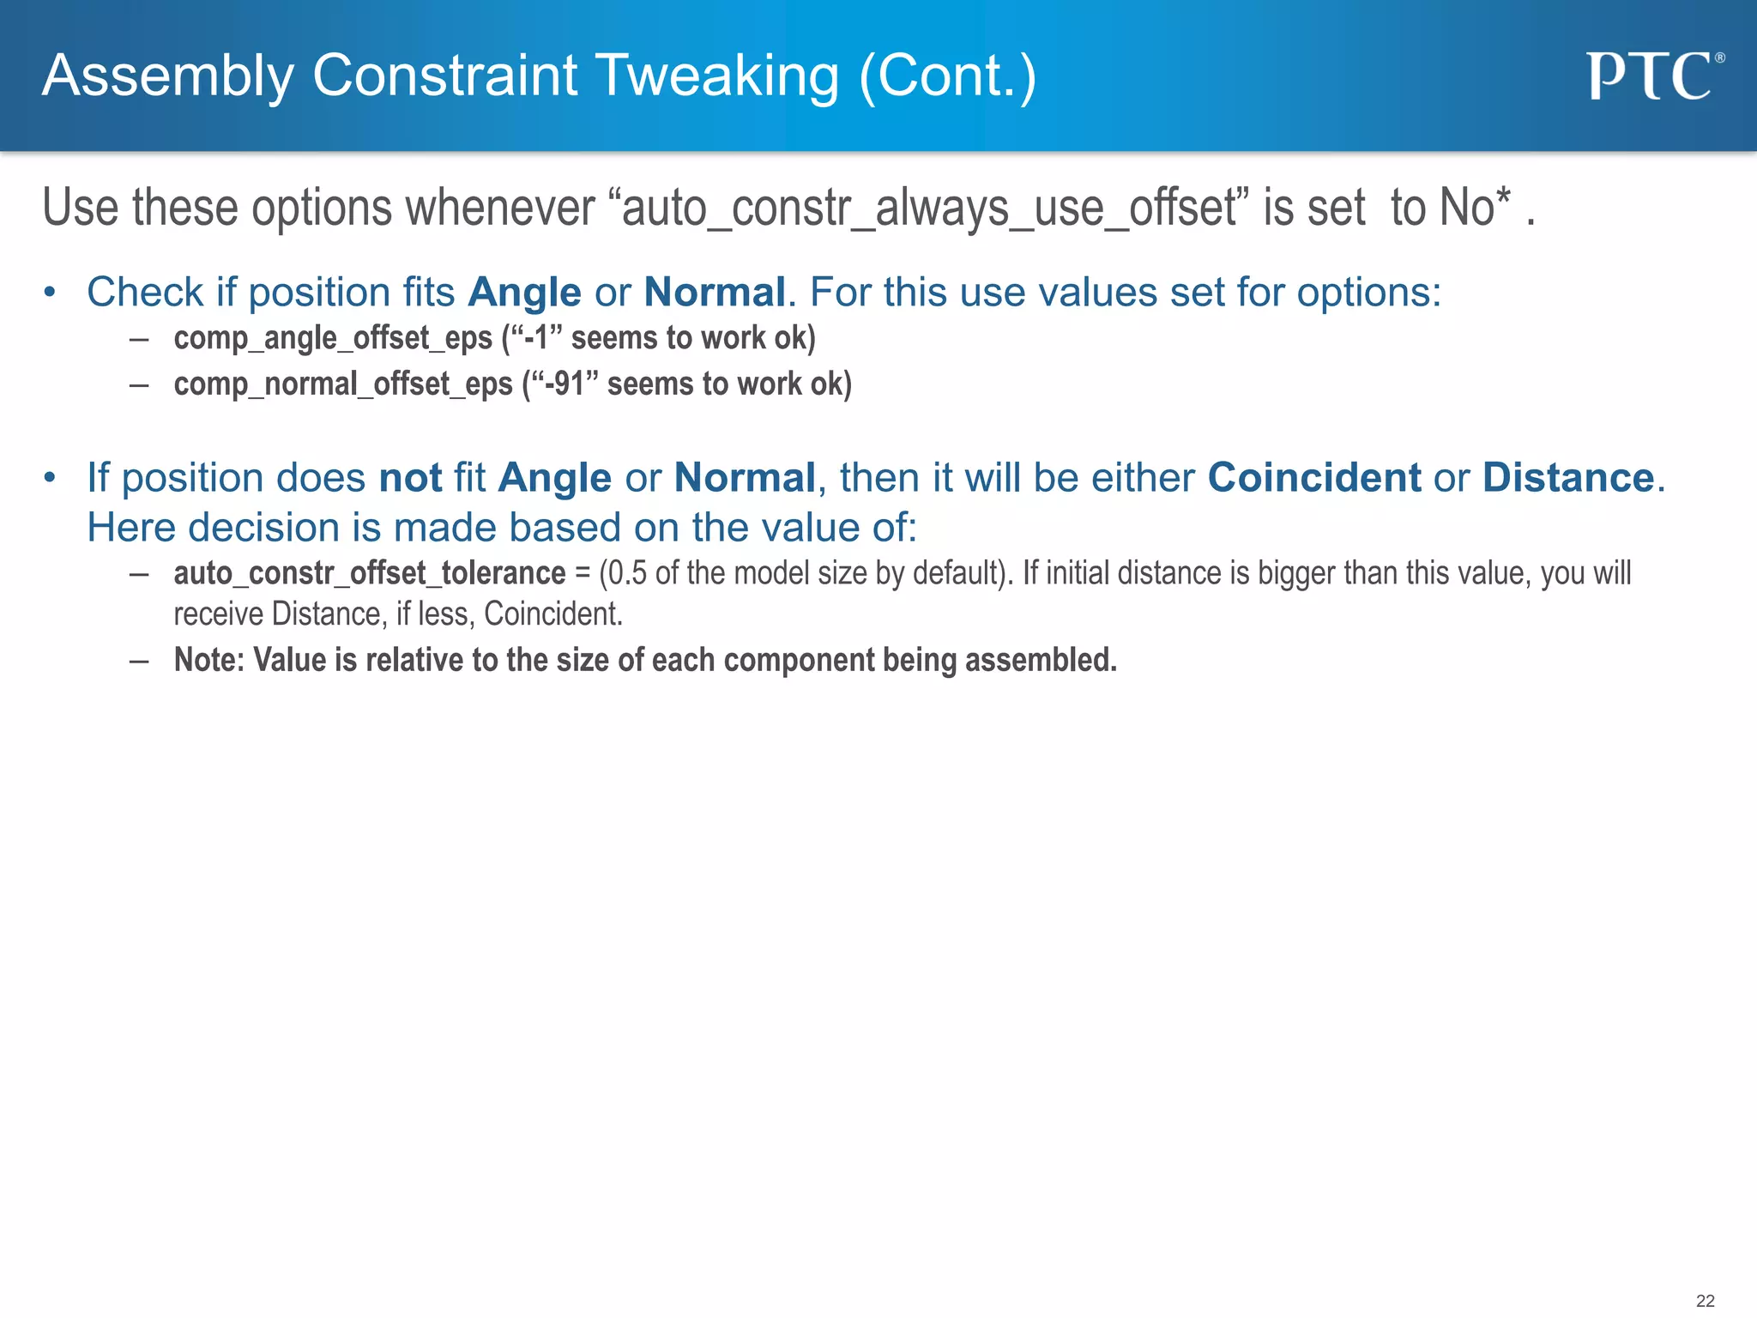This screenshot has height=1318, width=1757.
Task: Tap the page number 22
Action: [x=1705, y=1301]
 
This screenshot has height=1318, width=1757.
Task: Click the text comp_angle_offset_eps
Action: [x=333, y=338]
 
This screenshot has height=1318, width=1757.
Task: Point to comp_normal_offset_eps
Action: [x=343, y=384]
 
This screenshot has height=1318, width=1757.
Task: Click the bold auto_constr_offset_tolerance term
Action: [x=370, y=573]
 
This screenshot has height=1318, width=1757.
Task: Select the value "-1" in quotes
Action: [x=537, y=338]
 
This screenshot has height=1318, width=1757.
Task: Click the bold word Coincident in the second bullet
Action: [x=1314, y=477]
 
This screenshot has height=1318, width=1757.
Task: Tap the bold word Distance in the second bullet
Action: [x=1568, y=477]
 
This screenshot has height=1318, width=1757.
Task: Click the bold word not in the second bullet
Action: [x=410, y=477]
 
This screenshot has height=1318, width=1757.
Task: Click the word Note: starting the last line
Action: [x=209, y=660]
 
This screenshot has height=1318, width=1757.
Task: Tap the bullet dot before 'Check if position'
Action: [x=50, y=293]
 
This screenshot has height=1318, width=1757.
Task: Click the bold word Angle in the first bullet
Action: [x=524, y=293]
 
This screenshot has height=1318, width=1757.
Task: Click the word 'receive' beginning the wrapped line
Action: [x=218, y=614]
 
